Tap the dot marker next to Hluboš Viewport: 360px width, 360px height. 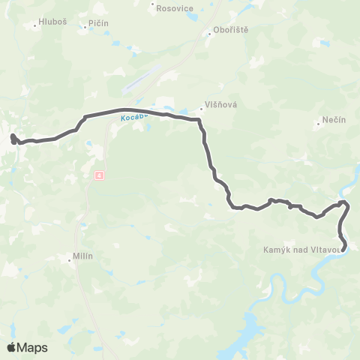click(x=36, y=25)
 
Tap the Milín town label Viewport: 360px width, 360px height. click(x=82, y=256)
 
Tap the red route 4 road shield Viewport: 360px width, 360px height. click(x=98, y=174)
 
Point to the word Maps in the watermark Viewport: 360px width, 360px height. click(x=33, y=347)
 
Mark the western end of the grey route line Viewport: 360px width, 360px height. click(x=12, y=136)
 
